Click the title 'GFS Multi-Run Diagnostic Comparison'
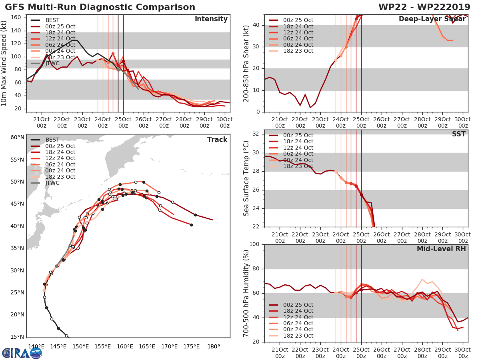(x=100, y=7)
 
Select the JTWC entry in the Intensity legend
(x=52, y=64)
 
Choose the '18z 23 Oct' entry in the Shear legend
(x=298, y=51)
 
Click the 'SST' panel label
(x=458, y=134)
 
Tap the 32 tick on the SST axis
(x=257, y=134)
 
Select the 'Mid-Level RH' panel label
(x=441, y=249)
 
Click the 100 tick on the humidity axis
(x=255, y=244)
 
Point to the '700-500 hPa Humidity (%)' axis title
(x=247, y=293)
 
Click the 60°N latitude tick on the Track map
(x=17, y=138)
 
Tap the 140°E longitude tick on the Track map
(x=36, y=346)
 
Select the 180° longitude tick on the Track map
(x=214, y=346)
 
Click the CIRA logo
(x=22, y=352)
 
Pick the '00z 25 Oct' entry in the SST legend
(x=298, y=135)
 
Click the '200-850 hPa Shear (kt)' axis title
(x=247, y=63)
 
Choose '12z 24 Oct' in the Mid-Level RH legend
(x=298, y=317)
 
